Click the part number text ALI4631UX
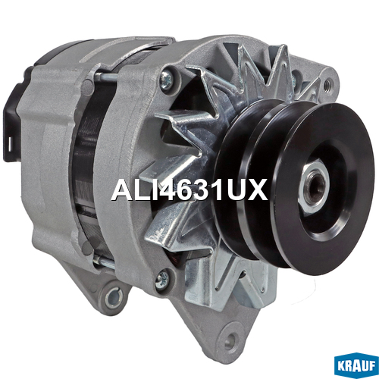click(x=189, y=189)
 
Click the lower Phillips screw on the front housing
click(x=162, y=279)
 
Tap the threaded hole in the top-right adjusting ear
click(x=327, y=83)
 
